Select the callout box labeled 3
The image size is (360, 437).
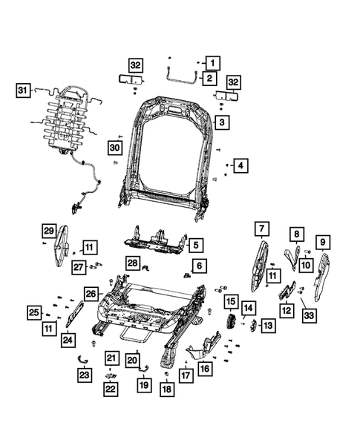point(221,121)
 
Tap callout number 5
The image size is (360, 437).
point(195,244)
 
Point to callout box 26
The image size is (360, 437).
point(91,293)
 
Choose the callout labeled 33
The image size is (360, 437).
point(310,316)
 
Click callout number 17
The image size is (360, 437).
point(186,377)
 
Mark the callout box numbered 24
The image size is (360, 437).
point(68,341)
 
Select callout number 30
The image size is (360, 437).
point(114,148)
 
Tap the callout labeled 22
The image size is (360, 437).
point(110,390)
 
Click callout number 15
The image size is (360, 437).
point(232,302)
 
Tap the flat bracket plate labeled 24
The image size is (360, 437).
point(75,313)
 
